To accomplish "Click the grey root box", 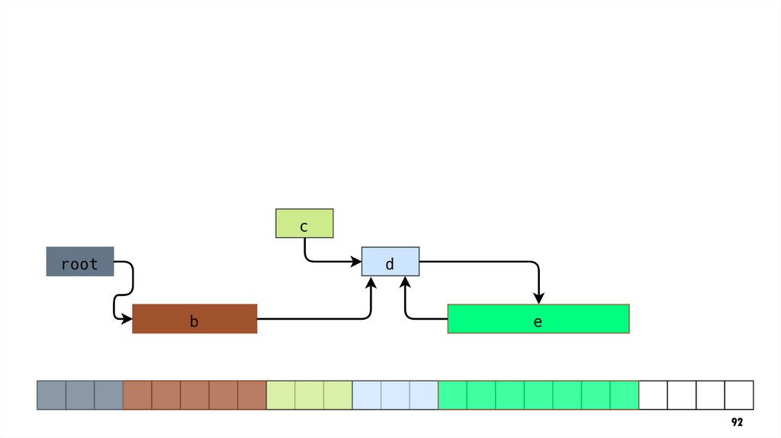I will pyautogui.click(x=80, y=261).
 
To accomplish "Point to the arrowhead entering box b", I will pyautogui.click(x=127, y=318).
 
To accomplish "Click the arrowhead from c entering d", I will pyautogui.click(x=356, y=262).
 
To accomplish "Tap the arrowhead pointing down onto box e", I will pyautogui.click(x=538, y=298).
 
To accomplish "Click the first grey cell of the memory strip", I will pyautogui.click(x=51, y=395).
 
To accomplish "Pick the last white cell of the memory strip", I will pyautogui.click(x=739, y=395).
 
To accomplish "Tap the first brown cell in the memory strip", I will pyautogui.click(x=137, y=395).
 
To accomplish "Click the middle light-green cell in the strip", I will pyautogui.click(x=309, y=395).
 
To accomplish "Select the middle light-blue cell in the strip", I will pyautogui.click(x=395, y=395).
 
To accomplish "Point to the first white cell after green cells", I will pyautogui.click(x=653, y=395).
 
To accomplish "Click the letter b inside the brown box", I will pyautogui.click(x=194, y=322).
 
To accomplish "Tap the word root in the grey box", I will pyautogui.click(x=80, y=264).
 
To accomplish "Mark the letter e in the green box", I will pyautogui.click(x=538, y=322).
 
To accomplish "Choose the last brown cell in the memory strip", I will pyautogui.click(x=252, y=395).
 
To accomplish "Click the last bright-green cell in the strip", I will pyautogui.click(x=624, y=395).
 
